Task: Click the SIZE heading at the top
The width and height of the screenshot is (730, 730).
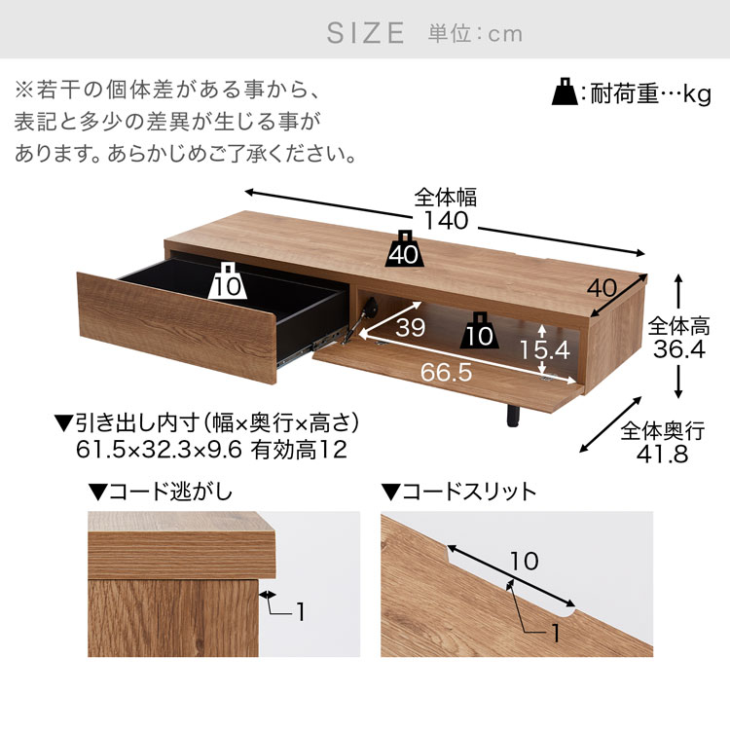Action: [365, 33]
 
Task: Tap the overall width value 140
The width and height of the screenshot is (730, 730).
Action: [446, 221]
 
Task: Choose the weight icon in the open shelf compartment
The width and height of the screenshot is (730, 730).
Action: [480, 334]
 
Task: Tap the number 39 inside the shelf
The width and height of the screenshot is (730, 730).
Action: [410, 328]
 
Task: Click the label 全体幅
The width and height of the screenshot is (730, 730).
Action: [445, 197]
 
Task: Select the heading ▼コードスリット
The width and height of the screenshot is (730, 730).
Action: [458, 492]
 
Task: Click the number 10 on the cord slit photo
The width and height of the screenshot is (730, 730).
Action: [524, 561]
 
